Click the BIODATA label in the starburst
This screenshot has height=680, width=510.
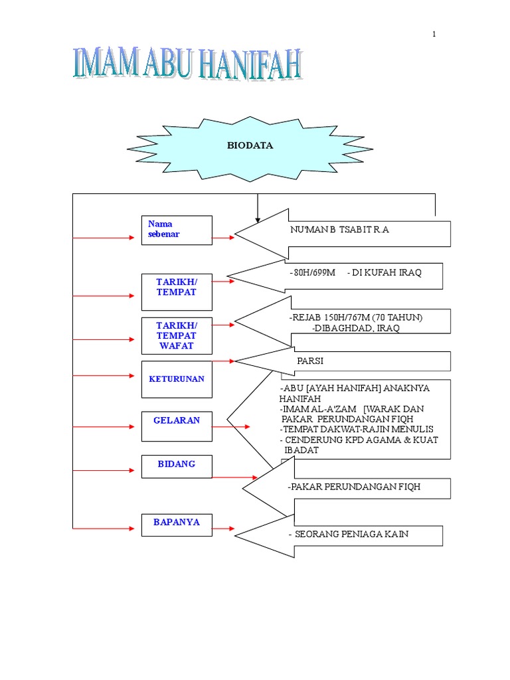[x=250, y=145]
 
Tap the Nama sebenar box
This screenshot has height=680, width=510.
[x=177, y=230]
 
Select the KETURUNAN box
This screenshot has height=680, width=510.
[x=177, y=379]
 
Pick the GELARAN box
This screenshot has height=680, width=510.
[x=177, y=426]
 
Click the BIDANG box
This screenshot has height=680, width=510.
[x=177, y=467]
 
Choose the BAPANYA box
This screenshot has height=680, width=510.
[x=177, y=525]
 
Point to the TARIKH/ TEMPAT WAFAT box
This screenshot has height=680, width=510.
[x=177, y=335]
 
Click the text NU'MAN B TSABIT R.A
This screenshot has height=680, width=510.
[x=339, y=229]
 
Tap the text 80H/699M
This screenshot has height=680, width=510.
[x=314, y=272]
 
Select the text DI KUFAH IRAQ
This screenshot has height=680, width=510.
[x=386, y=272]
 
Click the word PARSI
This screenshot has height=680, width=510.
[x=310, y=361]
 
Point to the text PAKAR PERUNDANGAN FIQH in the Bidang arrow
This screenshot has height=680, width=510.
[x=356, y=487]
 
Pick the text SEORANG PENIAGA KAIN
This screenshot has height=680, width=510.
[x=352, y=534]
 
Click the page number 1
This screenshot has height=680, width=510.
[x=434, y=34]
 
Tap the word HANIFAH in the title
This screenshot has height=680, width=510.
[x=250, y=64]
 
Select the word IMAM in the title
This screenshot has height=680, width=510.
[x=106, y=63]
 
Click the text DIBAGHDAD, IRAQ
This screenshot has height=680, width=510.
[x=357, y=328]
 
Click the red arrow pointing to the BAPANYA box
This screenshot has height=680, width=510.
[x=103, y=529]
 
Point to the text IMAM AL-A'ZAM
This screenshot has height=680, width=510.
[x=319, y=409]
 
